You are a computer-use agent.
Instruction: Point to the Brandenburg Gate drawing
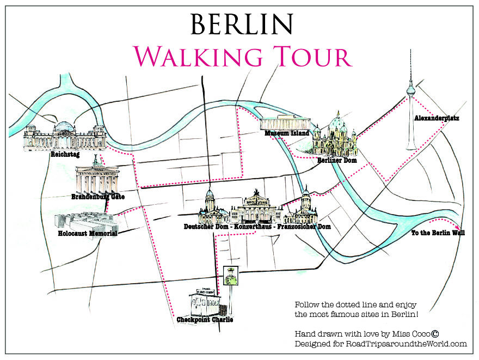click(96, 178)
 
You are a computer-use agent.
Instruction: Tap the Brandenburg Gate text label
click(98, 197)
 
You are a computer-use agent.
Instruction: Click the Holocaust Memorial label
click(87, 234)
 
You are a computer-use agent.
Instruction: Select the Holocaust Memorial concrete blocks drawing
click(84, 221)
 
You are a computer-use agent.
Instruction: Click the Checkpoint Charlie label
click(205, 320)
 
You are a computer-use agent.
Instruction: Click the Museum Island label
click(287, 133)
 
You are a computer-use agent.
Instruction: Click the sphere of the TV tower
click(412, 87)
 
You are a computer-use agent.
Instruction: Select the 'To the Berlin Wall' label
click(438, 233)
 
